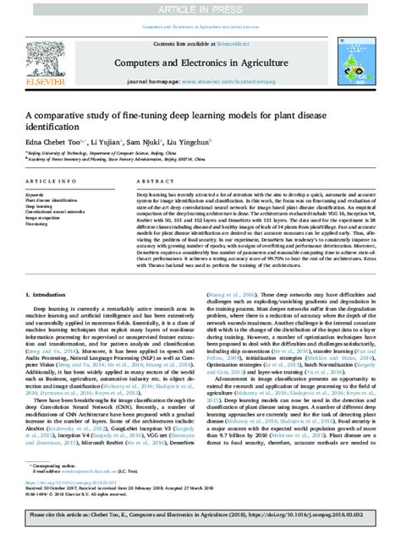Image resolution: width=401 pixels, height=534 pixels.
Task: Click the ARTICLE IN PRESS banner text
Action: [x=200, y=8]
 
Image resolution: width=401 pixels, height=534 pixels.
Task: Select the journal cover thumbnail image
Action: [x=354, y=57]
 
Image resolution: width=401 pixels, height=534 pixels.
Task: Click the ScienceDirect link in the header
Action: [x=228, y=42]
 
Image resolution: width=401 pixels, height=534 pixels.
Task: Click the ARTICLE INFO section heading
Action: [x=48, y=182]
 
